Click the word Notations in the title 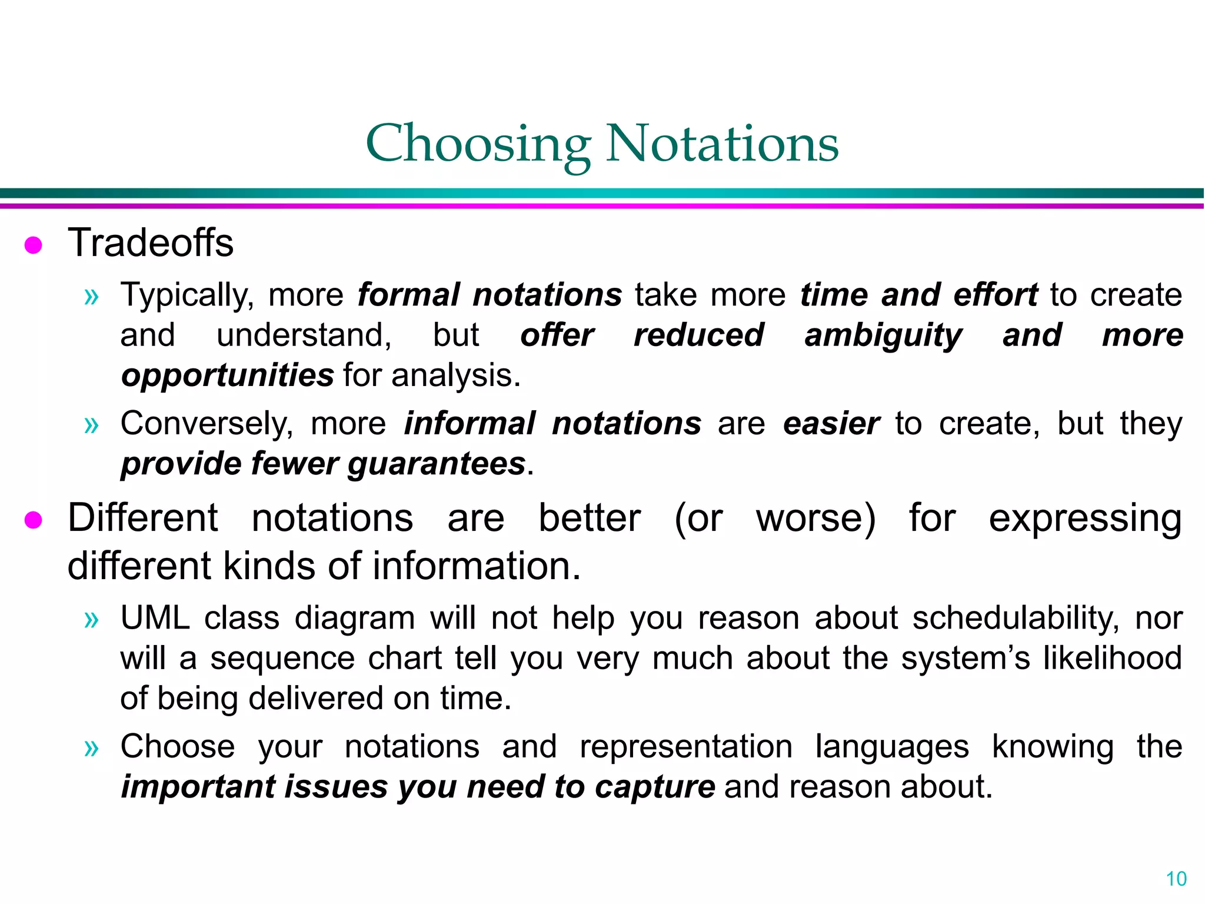(722, 144)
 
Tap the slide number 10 (1176, 879)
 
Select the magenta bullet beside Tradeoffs (34, 245)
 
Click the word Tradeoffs (151, 242)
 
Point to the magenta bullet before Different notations (34, 520)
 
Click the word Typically (187, 295)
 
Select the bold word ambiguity (883, 336)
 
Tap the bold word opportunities (227, 375)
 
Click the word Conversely (207, 423)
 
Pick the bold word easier (831, 423)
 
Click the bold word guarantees (436, 464)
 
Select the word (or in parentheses (698, 519)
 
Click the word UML (155, 618)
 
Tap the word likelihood (1112, 658)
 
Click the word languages (891, 746)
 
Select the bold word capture (654, 787)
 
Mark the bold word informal (470, 423)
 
